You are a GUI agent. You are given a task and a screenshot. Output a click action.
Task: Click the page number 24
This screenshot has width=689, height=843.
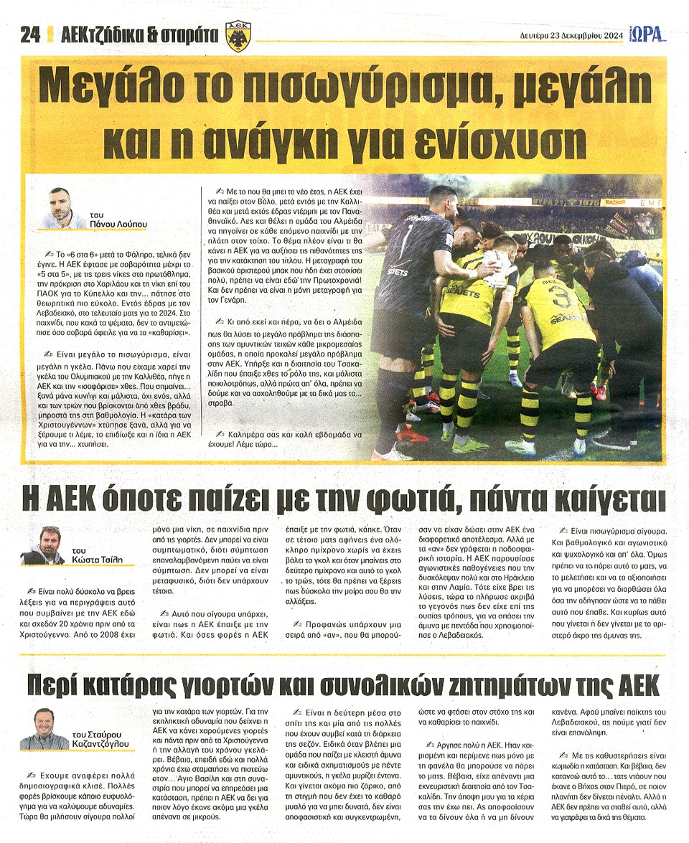[29, 35]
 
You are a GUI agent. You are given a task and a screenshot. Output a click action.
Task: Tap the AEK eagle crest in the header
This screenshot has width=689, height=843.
[238, 36]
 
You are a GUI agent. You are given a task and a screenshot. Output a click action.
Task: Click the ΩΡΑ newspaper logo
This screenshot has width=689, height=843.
[649, 34]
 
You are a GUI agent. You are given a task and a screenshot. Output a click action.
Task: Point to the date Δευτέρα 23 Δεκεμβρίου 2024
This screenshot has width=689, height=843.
[570, 35]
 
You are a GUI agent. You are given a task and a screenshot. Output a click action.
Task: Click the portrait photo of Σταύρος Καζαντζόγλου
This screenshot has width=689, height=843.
[44, 729]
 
